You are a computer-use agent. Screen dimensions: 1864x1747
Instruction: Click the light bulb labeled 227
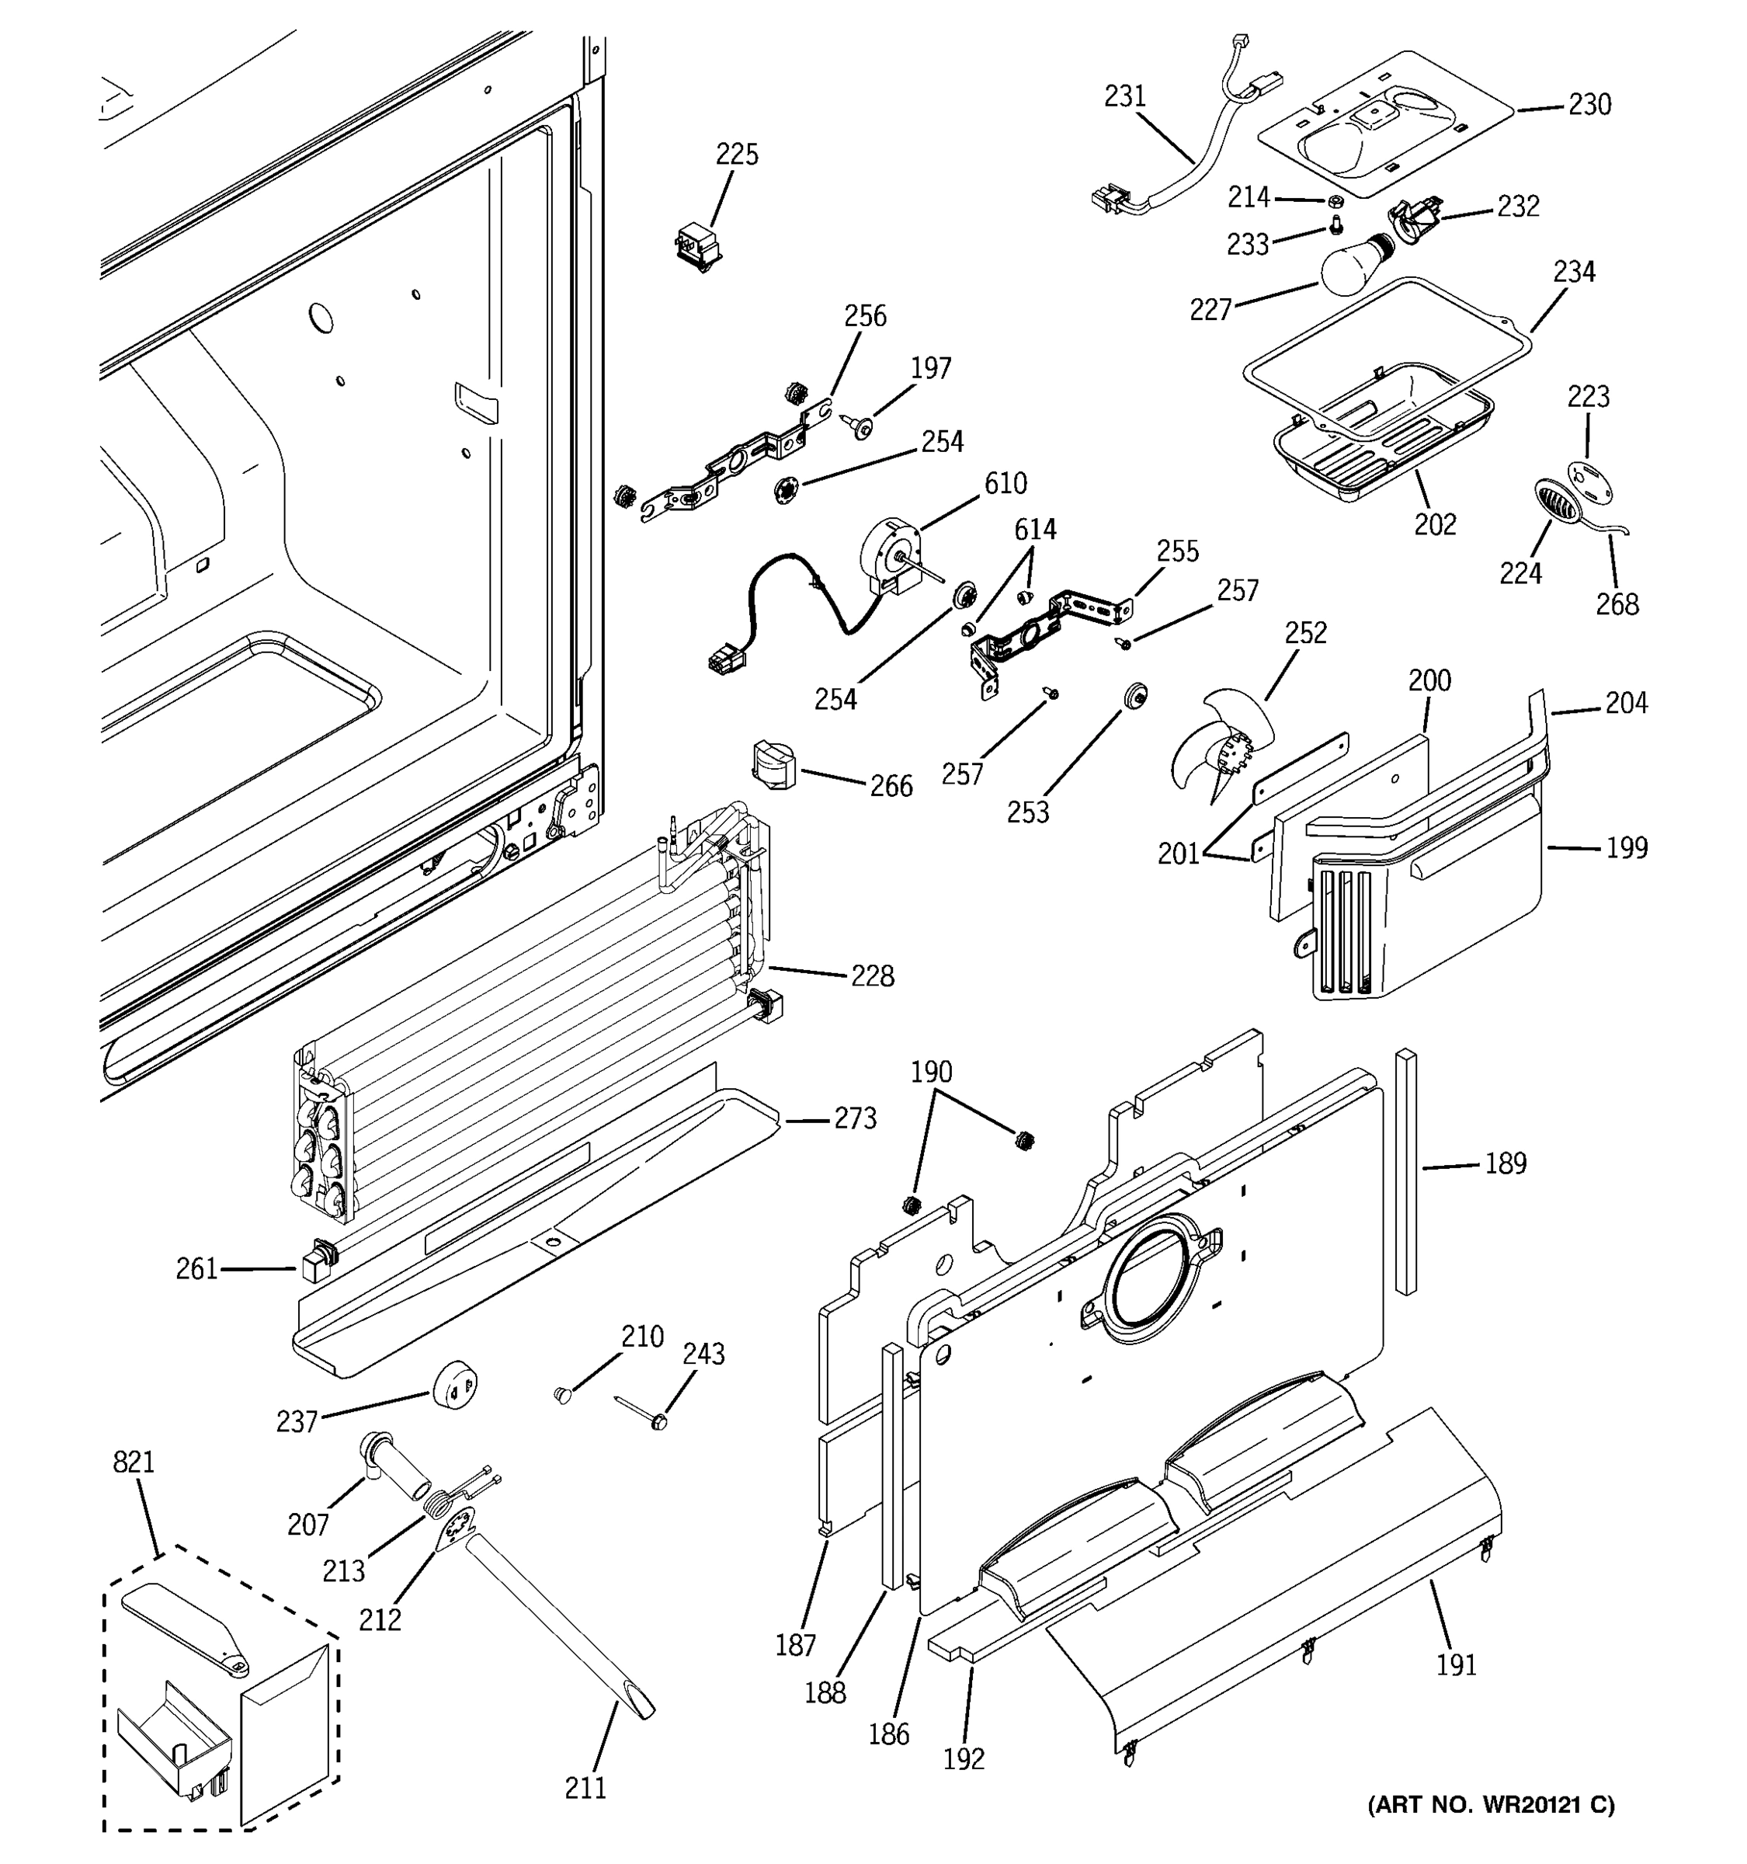(1353, 263)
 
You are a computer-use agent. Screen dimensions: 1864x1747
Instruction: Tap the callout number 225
(737, 155)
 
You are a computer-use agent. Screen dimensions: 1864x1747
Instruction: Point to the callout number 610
(1005, 484)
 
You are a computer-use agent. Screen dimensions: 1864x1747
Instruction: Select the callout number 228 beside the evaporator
(872, 976)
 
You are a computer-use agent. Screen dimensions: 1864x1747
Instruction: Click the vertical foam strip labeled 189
(1406, 1171)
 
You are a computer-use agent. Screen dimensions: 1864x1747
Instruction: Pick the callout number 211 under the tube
(585, 1788)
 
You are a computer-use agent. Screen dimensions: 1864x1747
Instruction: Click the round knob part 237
(456, 1385)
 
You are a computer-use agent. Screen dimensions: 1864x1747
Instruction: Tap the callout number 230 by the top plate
(1589, 105)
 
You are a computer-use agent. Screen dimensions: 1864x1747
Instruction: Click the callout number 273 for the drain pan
(855, 1118)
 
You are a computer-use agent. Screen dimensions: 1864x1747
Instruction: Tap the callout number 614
(1036, 530)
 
